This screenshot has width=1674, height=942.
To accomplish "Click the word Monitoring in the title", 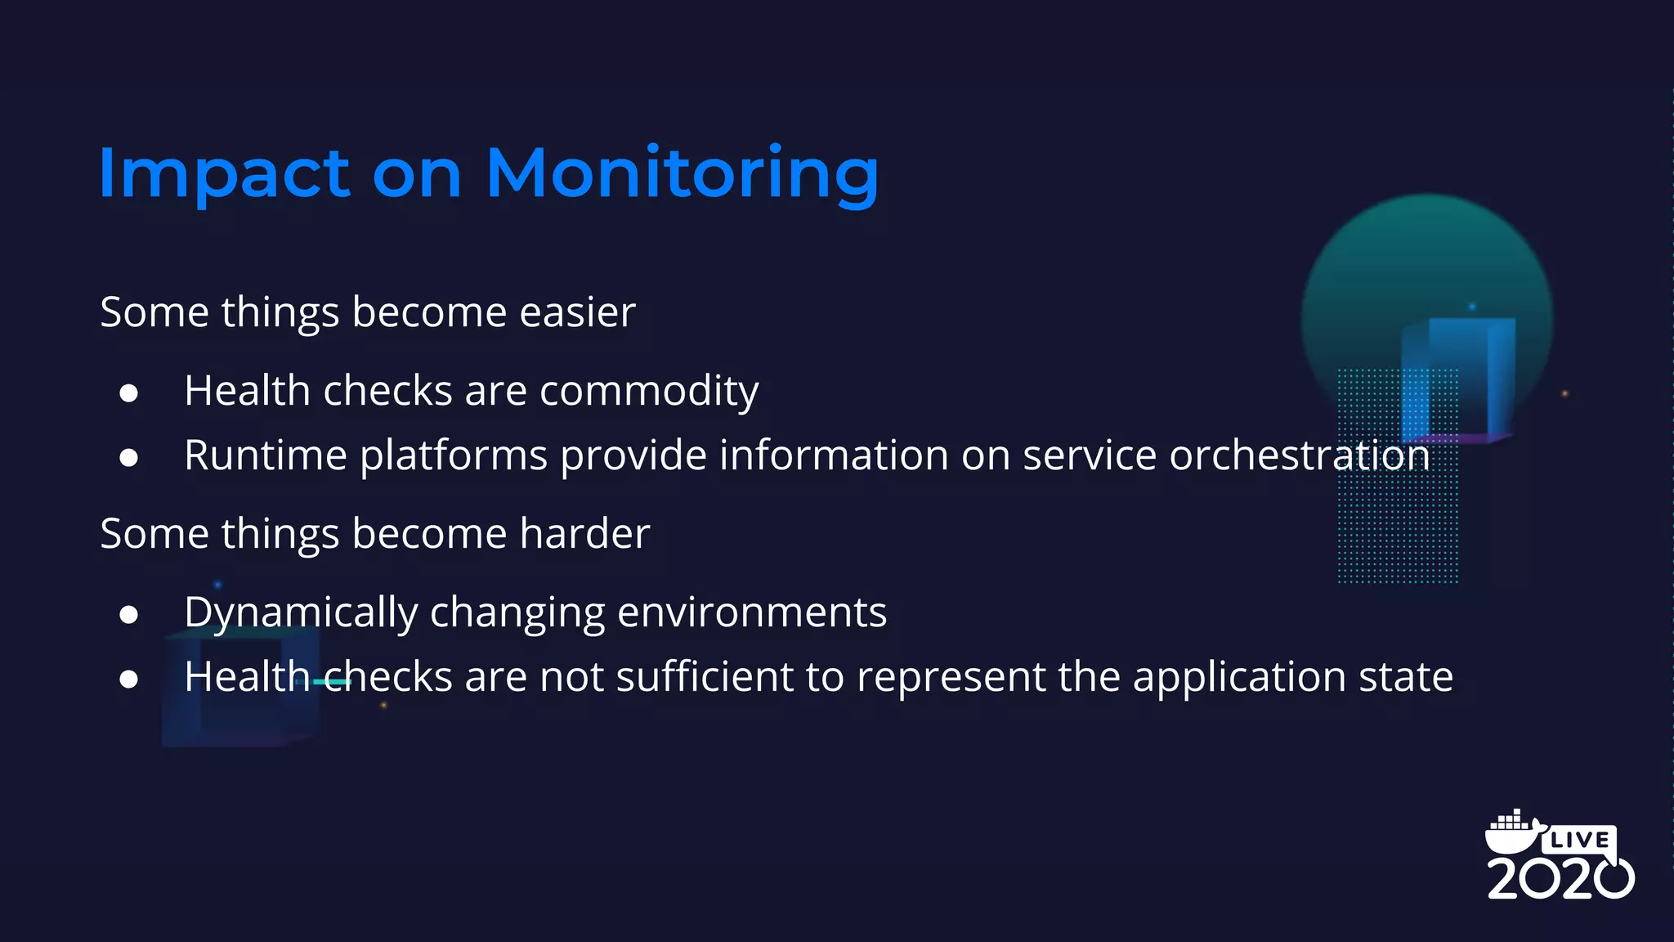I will (683, 173).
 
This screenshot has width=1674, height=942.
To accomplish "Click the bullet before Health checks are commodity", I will (128, 393).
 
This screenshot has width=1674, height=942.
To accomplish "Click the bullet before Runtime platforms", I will (128, 458).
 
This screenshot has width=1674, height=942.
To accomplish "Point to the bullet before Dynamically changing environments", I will (128, 615).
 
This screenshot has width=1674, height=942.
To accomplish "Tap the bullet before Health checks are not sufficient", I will (128, 679).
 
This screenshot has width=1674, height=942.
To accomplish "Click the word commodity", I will (649, 391).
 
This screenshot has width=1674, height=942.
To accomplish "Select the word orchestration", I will (1300, 455).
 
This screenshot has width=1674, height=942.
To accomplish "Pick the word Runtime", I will (266, 455).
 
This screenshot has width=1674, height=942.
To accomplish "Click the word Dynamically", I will (301, 612).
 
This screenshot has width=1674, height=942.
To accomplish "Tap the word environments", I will (752, 612).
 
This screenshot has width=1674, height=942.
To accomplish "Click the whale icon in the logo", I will (1512, 832).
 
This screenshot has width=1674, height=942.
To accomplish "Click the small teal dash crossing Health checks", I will (332, 681).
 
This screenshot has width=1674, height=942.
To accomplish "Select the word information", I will (834, 455).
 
